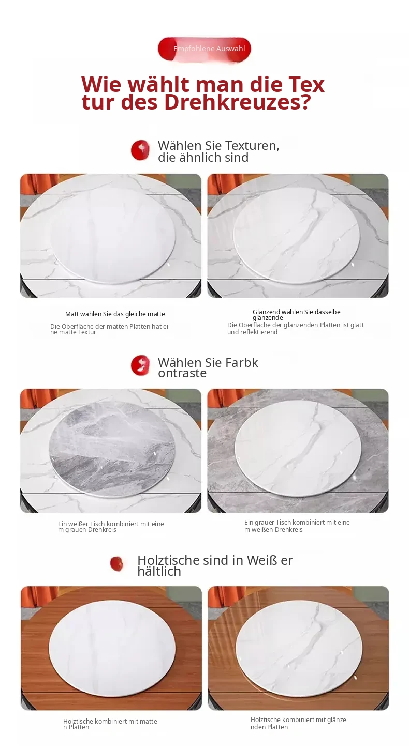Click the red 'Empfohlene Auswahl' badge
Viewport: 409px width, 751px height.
(x=204, y=49)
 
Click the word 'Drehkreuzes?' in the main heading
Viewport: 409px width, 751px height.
(x=237, y=102)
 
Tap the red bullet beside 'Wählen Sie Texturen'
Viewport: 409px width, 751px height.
(x=140, y=150)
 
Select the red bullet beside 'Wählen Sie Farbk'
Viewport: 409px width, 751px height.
(x=140, y=365)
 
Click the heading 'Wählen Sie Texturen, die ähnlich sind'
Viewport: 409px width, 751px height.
(x=218, y=151)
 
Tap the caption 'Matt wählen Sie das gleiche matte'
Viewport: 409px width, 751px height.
(x=115, y=314)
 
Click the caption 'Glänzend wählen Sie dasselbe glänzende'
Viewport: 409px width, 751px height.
(x=297, y=314)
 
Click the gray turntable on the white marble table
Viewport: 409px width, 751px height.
(x=112, y=450)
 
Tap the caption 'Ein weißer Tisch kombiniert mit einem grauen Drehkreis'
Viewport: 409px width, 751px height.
(x=111, y=527)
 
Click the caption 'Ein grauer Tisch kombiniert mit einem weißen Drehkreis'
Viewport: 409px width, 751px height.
(x=297, y=526)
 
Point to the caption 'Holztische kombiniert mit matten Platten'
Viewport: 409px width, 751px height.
(x=110, y=724)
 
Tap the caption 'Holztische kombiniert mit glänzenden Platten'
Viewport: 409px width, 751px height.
(x=298, y=723)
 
